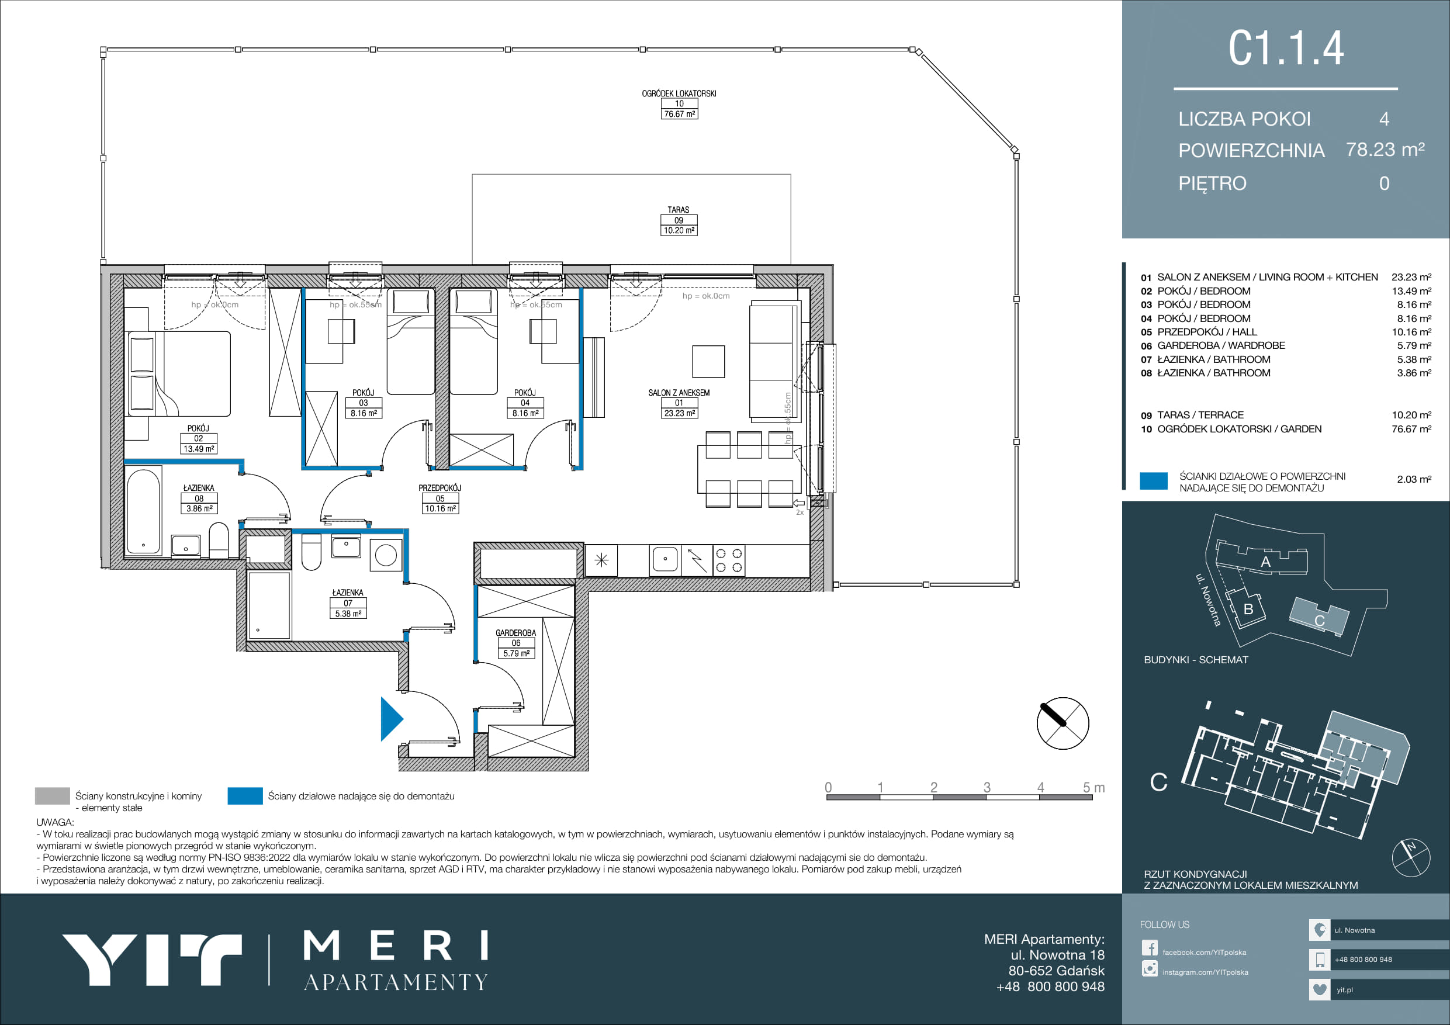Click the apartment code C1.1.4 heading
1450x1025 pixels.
[1286, 48]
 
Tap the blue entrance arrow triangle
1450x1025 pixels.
[392, 718]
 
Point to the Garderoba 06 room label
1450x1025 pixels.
[516, 643]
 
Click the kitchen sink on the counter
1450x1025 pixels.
[665, 560]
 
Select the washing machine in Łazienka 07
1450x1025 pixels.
[386, 555]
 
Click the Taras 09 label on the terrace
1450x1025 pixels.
[679, 220]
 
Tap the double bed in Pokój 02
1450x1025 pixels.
[179, 373]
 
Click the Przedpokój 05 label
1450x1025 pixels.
[440, 498]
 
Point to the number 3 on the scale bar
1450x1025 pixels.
[987, 788]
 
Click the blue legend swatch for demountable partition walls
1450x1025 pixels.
[245, 796]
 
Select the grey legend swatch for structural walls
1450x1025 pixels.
[53, 796]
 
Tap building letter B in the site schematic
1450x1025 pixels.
[1248, 610]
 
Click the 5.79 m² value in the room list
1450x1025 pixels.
[1414, 345]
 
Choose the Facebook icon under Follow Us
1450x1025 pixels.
[1150, 948]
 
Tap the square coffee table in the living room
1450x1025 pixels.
[708, 361]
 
